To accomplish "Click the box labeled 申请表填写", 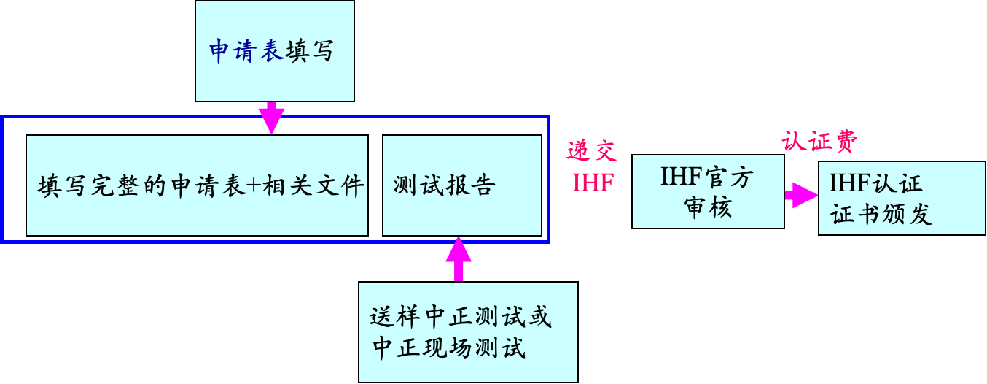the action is pyautogui.click(x=275, y=51).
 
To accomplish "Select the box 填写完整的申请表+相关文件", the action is pyautogui.click(x=197, y=185).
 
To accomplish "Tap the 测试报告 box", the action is pyautogui.click(x=461, y=185).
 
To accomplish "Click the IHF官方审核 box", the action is pyautogui.click(x=708, y=191).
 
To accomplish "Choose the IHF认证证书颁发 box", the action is pyautogui.click(x=902, y=198).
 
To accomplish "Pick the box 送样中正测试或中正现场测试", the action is pyautogui.click(x=468, y=332).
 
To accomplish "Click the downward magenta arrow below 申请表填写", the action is pyautogui.click(x=271, y=118).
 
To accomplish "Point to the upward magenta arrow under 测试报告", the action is pyautogui.click(x=459, y=259).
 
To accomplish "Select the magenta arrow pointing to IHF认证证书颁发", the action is pyautogui.click(x=801, y=195).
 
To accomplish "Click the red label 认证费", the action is pyautogui.click(x=819, y=142).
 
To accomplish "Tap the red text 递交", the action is pyautogui.click(x=591, y=151).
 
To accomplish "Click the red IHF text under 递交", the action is pyautogui.click(x=593, y=183).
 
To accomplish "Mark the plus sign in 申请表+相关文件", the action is pyautogui.click(x=253, y=186).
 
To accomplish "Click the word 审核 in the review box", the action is pyautogui.click(x=708, y=207).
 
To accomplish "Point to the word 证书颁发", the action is pyautogui.click(x=881, y=215).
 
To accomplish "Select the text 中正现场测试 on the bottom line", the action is pyautogui.click(x=449, y=347).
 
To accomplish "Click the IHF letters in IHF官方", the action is pyautogui.click(x=682, y=177).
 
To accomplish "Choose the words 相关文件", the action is pyautogui.click(x=313, y=186).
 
